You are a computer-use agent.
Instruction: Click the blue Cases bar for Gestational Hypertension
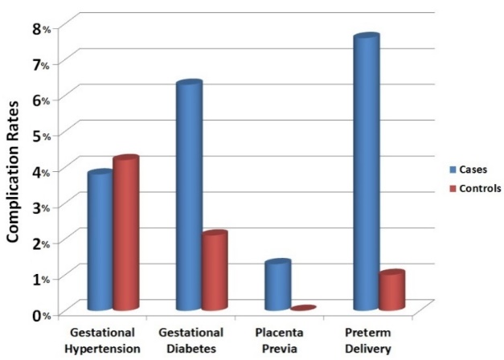click(x=100, y=241)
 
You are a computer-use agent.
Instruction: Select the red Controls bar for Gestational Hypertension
click(x=125, y=234)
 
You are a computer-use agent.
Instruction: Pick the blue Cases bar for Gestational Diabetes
click(x=189, y=197)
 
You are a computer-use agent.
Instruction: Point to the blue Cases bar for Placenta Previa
click(x=277, y=286)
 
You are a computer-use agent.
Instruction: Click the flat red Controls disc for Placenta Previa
click(x=303, y=308)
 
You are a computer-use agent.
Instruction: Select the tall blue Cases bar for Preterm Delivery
click(x=366, y=174)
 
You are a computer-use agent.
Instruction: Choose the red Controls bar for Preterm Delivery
click(x=391, y=291)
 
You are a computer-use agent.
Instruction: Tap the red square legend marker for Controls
click(x=453, y=189)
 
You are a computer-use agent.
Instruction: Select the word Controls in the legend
click(x=480, y=189)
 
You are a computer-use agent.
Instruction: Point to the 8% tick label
click(x=40, y=28)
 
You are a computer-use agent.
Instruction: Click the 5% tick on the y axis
click(x=40, y=135)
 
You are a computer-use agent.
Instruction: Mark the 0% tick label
click(x=40, y=314)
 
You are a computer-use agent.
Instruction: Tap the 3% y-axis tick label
click(x=40, y=207)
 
